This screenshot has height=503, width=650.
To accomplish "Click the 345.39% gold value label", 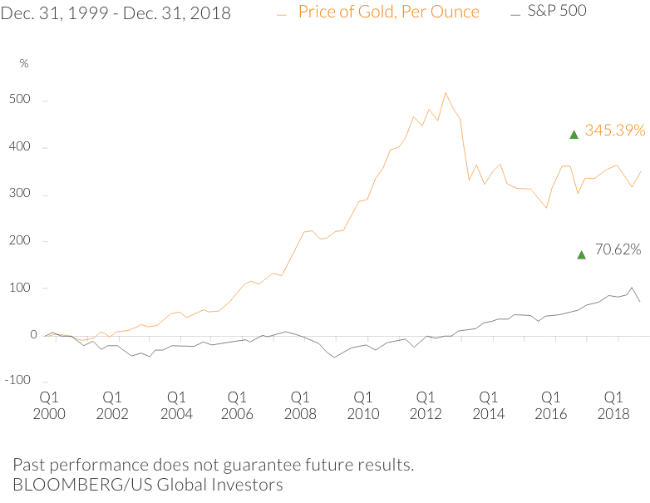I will pos(616,131).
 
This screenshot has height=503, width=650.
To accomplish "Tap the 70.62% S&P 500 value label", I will pos(618,249).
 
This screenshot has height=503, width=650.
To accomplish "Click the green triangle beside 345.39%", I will pos(574,134).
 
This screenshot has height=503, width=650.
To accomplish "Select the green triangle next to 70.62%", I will pos(582,254).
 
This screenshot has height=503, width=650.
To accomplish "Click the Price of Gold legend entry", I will pos(388,12).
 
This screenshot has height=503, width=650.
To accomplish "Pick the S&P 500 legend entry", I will pos(556,12).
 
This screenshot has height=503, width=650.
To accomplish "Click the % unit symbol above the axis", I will pos(24,63).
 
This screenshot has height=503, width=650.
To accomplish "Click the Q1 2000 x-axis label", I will pos(51,405).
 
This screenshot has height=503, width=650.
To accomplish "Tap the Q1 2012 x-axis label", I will pos(425,405).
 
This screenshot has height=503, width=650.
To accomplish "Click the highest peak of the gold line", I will pos(446,93).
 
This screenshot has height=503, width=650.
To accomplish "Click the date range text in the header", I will pos(116,13).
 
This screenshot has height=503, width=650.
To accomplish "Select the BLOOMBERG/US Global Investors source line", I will pos(148,484).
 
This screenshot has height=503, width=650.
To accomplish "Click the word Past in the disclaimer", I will pos(29,464).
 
